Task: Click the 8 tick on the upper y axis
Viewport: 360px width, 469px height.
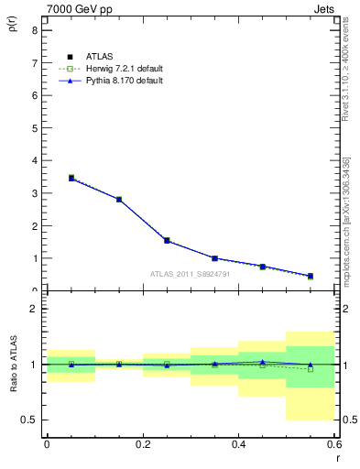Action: (34, 30)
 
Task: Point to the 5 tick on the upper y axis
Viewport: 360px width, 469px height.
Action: (34, 128)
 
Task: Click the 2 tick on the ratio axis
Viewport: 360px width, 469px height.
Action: (34, 309)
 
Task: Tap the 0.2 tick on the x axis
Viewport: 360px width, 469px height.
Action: (142, 444)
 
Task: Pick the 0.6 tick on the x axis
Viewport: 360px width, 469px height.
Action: (334, 444)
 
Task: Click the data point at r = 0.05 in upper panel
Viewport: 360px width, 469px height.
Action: (71, 178)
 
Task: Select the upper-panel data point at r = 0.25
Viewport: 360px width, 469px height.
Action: (167, 240)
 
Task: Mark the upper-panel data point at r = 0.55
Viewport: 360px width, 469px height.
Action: (311, 276)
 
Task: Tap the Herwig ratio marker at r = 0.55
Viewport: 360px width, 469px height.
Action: (311, 369)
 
